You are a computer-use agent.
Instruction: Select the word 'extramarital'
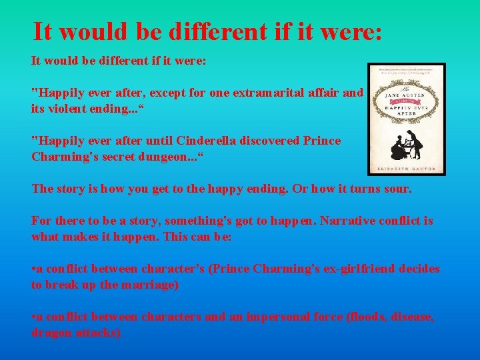(264, 93)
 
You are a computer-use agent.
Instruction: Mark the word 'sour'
(397, 189)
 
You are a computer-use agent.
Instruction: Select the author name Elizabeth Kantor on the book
(407, 168)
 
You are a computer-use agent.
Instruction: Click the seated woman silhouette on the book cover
(399, 148)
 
